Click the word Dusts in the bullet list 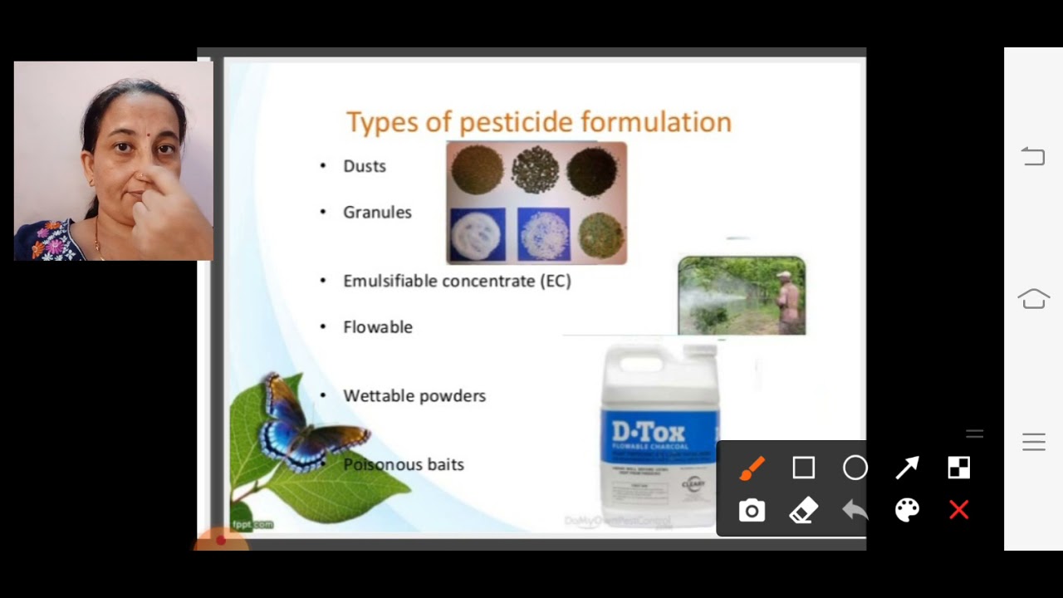(365, 166)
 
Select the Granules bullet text (377, 213)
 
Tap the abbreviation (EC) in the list (556, 282)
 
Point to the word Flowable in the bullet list (378, 327)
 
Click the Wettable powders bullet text (414, 396)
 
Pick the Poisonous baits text (404, 465)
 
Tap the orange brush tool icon (752, 468)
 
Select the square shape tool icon (803, 468)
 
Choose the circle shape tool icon (855, 468)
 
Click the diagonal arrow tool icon (907, 468)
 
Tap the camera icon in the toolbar (752, 511)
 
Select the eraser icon (803, 511)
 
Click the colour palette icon (907, 511)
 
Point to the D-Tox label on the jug (649, 432)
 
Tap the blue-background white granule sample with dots (543, 234)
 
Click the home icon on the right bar (1033, 298)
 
